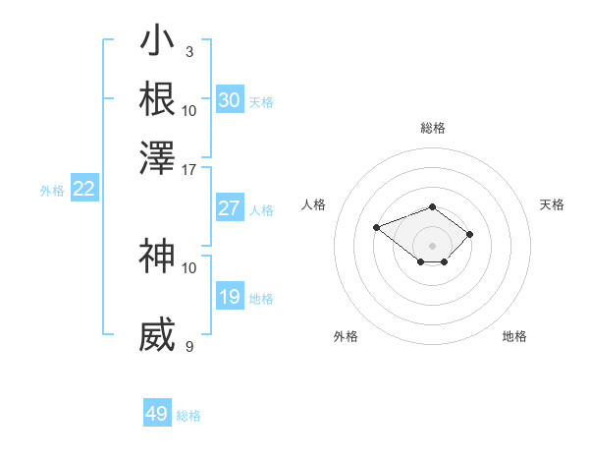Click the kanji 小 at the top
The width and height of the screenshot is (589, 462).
coord(157,42)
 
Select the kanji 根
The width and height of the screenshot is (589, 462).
coord(157,99)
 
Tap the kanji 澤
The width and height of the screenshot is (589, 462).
coord(157,156)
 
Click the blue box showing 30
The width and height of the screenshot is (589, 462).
coord(230,100)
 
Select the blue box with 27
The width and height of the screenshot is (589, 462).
coord(230,208)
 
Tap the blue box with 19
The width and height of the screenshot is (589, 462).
coord(230,297)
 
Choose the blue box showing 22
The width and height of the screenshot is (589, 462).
coord(83,190)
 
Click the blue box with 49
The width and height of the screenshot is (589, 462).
coord(157,414)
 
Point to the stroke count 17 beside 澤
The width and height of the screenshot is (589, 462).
coord(189,169)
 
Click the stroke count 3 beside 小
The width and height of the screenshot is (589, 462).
coord(189,51)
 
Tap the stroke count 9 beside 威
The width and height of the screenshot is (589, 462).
coord(189,346)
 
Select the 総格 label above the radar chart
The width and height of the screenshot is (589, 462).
coord(433,128)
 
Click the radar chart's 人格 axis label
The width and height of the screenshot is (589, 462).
coord(314,204)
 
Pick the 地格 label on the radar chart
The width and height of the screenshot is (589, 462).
coord(514,336)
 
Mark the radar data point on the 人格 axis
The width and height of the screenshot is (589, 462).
coord(376,227)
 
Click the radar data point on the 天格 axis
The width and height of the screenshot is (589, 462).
coord(470,234)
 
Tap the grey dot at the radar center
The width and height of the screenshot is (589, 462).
coord(433,246)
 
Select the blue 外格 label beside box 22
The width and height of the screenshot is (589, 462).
coord(52,191)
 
